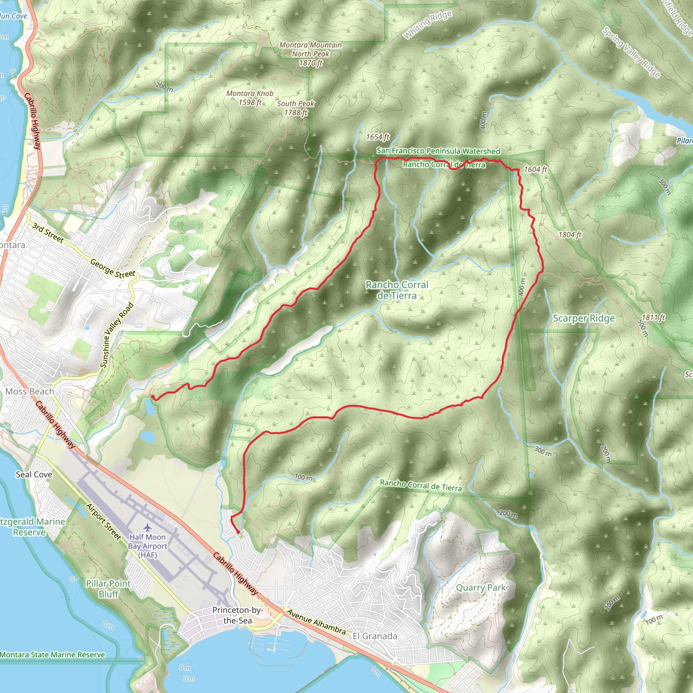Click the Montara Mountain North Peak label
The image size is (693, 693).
tap(310, 54)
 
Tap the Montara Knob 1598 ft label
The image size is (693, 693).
tap(250, 97)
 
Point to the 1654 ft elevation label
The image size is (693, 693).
tap(377, 137)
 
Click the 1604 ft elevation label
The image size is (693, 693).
tap(535, 169)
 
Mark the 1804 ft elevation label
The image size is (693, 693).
tap(569, 234)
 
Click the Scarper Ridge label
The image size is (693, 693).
tap(584, 318)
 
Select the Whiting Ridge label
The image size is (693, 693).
tap(427, 25)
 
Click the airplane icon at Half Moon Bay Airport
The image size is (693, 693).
tap(148, 527)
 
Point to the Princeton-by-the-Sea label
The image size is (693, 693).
tap(238, 615)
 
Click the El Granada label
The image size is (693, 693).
tap(375, 636)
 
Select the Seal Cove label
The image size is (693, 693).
tap(34, 474)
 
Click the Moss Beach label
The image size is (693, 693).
tap(30, 392)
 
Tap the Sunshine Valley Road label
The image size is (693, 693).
tap(117, 335)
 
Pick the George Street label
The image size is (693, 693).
tap(113, 269)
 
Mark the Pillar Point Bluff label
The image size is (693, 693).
tap(108, 589)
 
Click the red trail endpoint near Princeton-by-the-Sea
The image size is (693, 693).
tap(238, 532)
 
